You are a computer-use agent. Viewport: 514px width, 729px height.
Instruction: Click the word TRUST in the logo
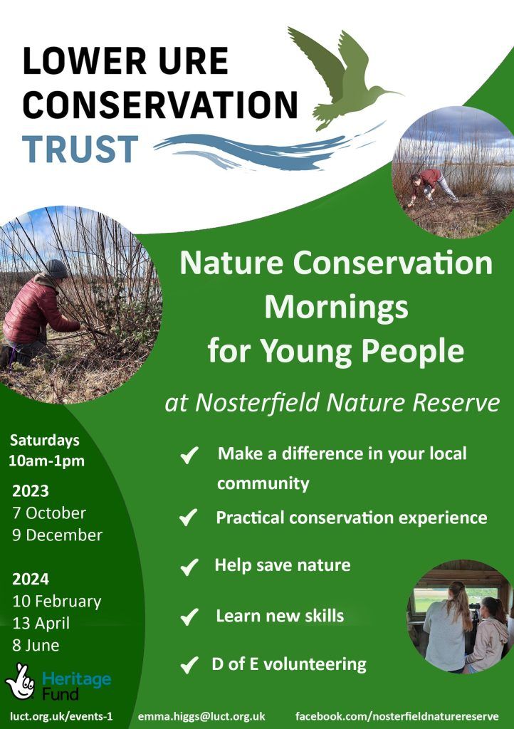click(x=80, y=150)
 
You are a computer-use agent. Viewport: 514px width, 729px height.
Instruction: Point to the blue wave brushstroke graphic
click(x=261, y=150)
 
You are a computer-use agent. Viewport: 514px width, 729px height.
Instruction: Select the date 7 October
click(x=49, y=513)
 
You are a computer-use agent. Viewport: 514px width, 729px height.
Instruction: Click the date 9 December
click(x=57, y=535)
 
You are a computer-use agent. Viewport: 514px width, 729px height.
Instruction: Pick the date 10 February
click(x=57, y=602)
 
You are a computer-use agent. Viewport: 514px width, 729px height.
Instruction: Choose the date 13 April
click(x=41, y=624)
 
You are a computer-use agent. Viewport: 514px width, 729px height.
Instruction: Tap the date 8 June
click(x=36, y=645)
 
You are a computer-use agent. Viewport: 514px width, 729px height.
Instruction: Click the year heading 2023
click(x=31, y=491)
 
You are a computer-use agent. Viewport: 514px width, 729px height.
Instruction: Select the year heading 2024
click(x=31, y=579)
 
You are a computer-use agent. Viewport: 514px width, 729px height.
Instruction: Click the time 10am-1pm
click(x=46, y=461)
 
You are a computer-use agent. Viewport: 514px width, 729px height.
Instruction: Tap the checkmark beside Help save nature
click(x=189, y=567)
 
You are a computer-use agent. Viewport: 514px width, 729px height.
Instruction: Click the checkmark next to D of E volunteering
click(x=189, y=665)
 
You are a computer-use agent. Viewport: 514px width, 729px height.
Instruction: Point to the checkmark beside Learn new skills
click(x=189, y=617)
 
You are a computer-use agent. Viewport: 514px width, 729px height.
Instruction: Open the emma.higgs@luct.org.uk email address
click(x=201, y=716)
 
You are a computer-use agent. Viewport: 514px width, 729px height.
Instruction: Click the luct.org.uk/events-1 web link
click(x=61, y=716)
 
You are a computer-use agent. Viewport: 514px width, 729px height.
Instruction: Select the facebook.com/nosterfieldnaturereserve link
click(x=397, y=716)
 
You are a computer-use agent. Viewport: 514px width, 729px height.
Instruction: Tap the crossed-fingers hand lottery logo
click(x=20, y=681)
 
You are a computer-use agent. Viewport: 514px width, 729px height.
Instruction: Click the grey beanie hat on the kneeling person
click(x=56, y=268)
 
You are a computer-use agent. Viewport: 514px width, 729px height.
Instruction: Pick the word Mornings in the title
click(x=337, y=308)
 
